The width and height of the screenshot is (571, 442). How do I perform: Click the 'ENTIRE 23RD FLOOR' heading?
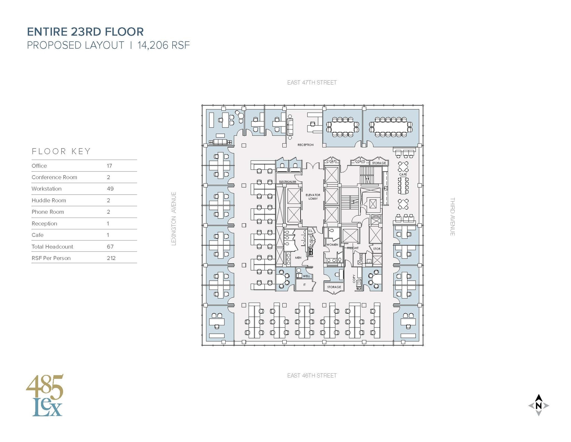85,32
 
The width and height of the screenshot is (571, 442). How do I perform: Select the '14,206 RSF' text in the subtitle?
164,45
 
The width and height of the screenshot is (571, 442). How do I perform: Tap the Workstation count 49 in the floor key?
110,189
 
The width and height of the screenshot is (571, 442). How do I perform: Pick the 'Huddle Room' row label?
49,200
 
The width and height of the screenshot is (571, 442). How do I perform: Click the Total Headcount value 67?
110,247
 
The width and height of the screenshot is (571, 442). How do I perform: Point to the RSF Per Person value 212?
111,258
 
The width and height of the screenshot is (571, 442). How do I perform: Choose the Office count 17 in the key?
109,166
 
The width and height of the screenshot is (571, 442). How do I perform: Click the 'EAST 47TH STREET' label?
312,83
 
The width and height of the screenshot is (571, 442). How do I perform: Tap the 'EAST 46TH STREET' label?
312,376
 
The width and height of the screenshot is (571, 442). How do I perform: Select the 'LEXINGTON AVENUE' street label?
174,219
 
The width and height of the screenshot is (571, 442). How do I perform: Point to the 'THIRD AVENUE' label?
452,217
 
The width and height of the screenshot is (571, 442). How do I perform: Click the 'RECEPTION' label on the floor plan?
305,145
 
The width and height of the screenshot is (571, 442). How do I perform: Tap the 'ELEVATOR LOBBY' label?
313,197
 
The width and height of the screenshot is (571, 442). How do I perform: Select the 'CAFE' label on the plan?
403,175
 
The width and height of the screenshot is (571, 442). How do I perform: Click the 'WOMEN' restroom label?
332,245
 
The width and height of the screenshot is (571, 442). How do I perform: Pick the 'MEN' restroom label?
298,258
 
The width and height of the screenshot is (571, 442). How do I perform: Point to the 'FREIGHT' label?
353,248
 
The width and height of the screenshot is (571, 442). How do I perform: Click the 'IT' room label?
304,285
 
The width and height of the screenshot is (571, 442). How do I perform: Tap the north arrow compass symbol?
538,405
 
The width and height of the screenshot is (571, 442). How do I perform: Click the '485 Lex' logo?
45,395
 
